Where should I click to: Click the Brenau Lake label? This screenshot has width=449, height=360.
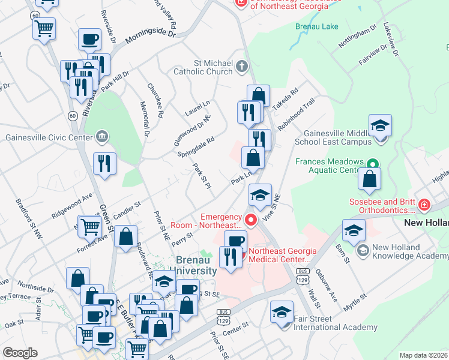pos(317,27)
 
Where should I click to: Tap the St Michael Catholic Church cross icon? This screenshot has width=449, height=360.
pos(242,66)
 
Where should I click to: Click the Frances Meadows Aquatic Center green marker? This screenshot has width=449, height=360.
pos(372,163)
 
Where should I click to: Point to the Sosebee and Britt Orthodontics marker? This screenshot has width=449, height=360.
pos(424,205)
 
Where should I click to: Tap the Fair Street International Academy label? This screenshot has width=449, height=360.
pos(335,328)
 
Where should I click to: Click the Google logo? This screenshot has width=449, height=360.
pos(20,353)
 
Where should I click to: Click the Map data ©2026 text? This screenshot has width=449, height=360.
pos(423,355)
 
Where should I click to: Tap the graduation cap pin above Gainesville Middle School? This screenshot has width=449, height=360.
pos(380,126)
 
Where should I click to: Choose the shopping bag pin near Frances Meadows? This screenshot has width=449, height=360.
pos(369,179)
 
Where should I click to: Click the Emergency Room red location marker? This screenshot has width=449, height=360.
pos(250,220)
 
